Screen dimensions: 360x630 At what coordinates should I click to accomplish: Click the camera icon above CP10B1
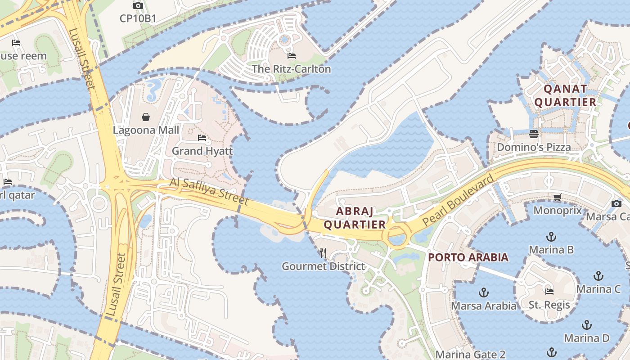[x=138, y=6]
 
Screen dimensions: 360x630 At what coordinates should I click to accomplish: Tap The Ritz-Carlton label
[x=291, y=69]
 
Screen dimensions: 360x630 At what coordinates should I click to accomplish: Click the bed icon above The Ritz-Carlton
[x=292, y=56]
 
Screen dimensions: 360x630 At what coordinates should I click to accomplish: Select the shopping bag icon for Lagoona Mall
[x=146, y=117]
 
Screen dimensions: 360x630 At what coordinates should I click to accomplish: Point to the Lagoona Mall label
[x=146, y=130]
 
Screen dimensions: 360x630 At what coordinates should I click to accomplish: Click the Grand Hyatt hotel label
[x=202, y=151]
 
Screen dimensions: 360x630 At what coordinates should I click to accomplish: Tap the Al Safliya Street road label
[x=209, y=191]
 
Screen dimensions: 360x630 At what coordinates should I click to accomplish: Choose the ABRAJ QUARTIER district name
[x=355, y=217]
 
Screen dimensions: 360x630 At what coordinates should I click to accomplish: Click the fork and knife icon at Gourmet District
[x=323, y=253]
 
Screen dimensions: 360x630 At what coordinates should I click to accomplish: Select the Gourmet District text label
[x=323, y=266]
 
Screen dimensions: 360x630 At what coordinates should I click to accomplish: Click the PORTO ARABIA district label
[x=468, y=257]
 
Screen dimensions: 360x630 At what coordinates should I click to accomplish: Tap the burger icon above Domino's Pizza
[x=534, y=134]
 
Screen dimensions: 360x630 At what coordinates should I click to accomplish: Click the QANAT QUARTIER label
[x=565, y=95]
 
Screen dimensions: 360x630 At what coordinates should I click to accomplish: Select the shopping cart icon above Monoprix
[x=558, y=197]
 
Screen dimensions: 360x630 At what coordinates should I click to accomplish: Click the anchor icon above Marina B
[x=551, y=236]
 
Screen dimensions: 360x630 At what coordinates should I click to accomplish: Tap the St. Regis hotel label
[x=549, y=305]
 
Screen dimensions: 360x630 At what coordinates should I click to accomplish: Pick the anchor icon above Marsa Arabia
[x=484, y=293]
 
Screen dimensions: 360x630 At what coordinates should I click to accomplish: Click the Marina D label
[x=586, y=338]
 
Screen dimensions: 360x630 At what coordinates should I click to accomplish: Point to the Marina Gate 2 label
[x=470, y=355]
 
